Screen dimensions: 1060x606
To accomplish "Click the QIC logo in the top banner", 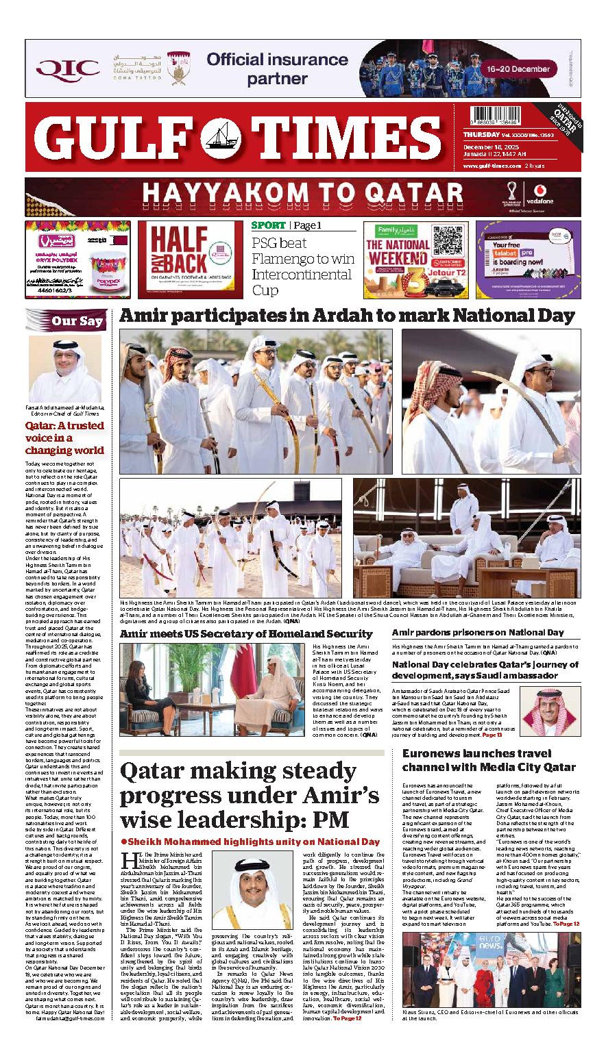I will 68,68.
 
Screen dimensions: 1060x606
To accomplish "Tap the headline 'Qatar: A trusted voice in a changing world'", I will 65,438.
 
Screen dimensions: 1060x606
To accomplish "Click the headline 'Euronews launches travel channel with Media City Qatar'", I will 488,760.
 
